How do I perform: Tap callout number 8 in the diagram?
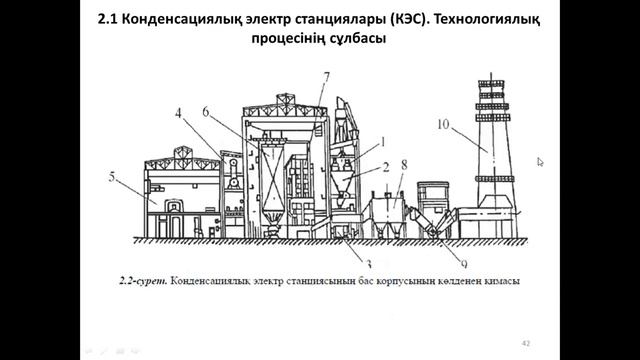403,162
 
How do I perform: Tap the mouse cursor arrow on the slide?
541,161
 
